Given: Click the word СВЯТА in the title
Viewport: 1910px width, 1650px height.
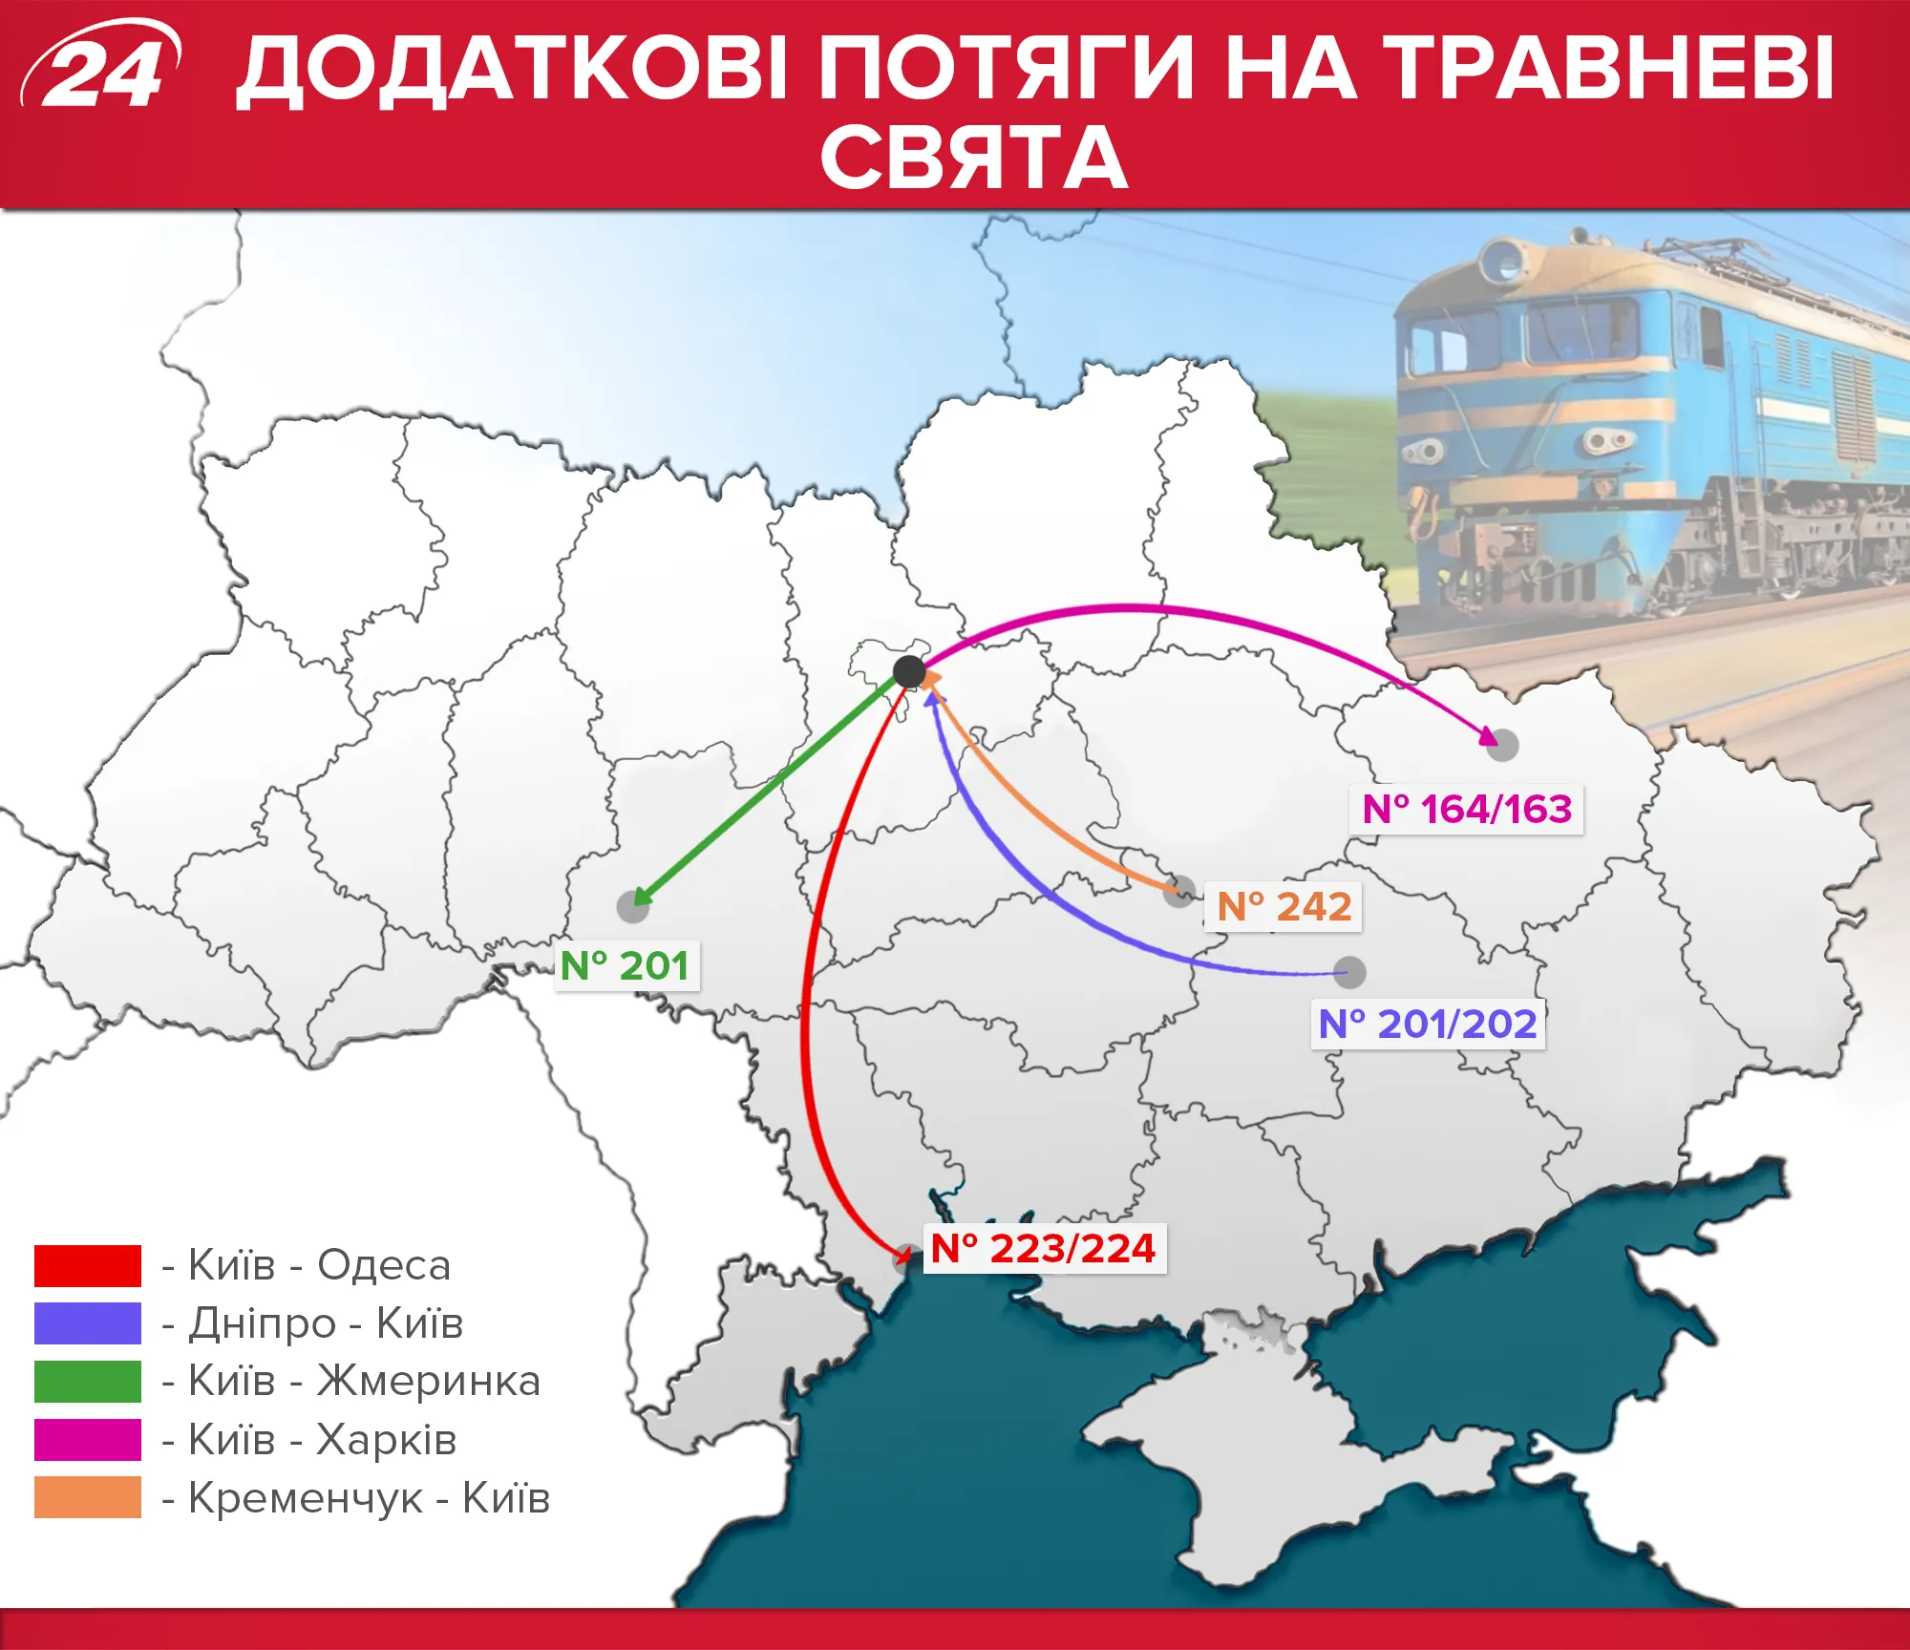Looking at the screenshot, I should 974,158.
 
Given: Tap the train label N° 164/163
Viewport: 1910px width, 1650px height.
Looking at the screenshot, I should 1466,810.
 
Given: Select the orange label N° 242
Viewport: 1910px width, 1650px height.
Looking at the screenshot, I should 1284,906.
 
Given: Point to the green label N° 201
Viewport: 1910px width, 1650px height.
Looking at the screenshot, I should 626,966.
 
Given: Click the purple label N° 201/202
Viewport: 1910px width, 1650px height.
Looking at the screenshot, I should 1428,1025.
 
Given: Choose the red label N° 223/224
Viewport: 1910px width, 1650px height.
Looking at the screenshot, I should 1044,1248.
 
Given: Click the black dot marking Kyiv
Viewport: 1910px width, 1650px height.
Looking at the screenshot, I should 909,672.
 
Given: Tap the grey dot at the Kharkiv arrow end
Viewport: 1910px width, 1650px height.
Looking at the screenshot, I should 1502,745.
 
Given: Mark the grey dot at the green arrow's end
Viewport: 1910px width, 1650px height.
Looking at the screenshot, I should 632,906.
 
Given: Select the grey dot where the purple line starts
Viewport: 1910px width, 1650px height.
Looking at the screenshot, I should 1349,973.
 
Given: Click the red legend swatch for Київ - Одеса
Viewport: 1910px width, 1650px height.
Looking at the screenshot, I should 88,1266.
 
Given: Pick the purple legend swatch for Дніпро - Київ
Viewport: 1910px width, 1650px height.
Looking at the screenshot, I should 88,1323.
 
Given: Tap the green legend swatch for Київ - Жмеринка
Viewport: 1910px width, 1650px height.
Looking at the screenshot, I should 88,1381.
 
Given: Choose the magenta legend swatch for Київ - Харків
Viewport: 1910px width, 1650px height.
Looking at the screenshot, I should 88,1440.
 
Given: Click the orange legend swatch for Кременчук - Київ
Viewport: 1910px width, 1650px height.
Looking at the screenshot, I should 88,1497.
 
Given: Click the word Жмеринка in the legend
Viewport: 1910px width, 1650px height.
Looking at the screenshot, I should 429,1382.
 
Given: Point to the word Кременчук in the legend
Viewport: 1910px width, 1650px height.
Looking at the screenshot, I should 306,1498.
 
